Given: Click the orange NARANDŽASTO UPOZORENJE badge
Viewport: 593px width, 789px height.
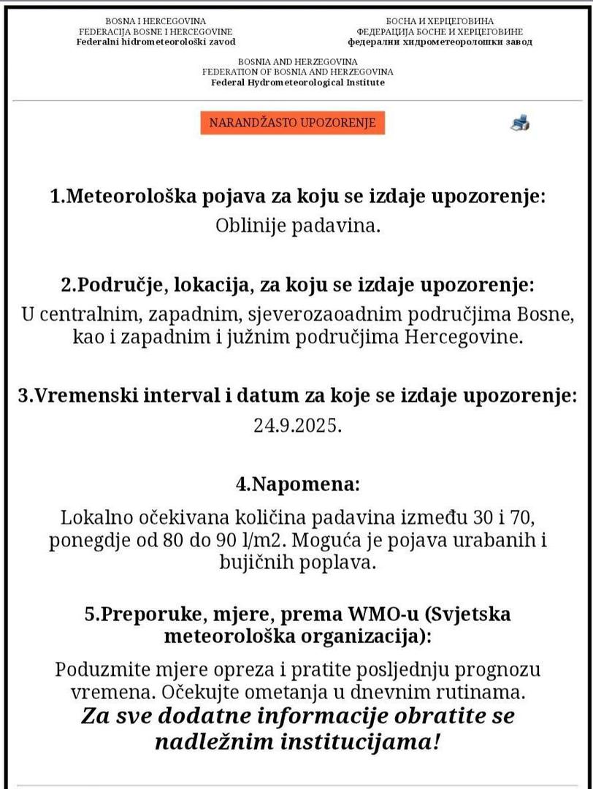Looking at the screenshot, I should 292,123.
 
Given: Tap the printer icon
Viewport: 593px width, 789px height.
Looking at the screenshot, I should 519,123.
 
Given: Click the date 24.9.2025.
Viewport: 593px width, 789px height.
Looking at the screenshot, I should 298,426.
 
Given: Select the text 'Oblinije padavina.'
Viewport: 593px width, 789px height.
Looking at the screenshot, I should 298,226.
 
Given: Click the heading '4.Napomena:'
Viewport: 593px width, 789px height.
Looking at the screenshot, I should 298,484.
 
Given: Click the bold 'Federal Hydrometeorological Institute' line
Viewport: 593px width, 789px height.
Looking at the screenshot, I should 298,83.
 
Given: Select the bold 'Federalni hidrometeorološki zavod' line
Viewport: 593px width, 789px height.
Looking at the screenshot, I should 156,42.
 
